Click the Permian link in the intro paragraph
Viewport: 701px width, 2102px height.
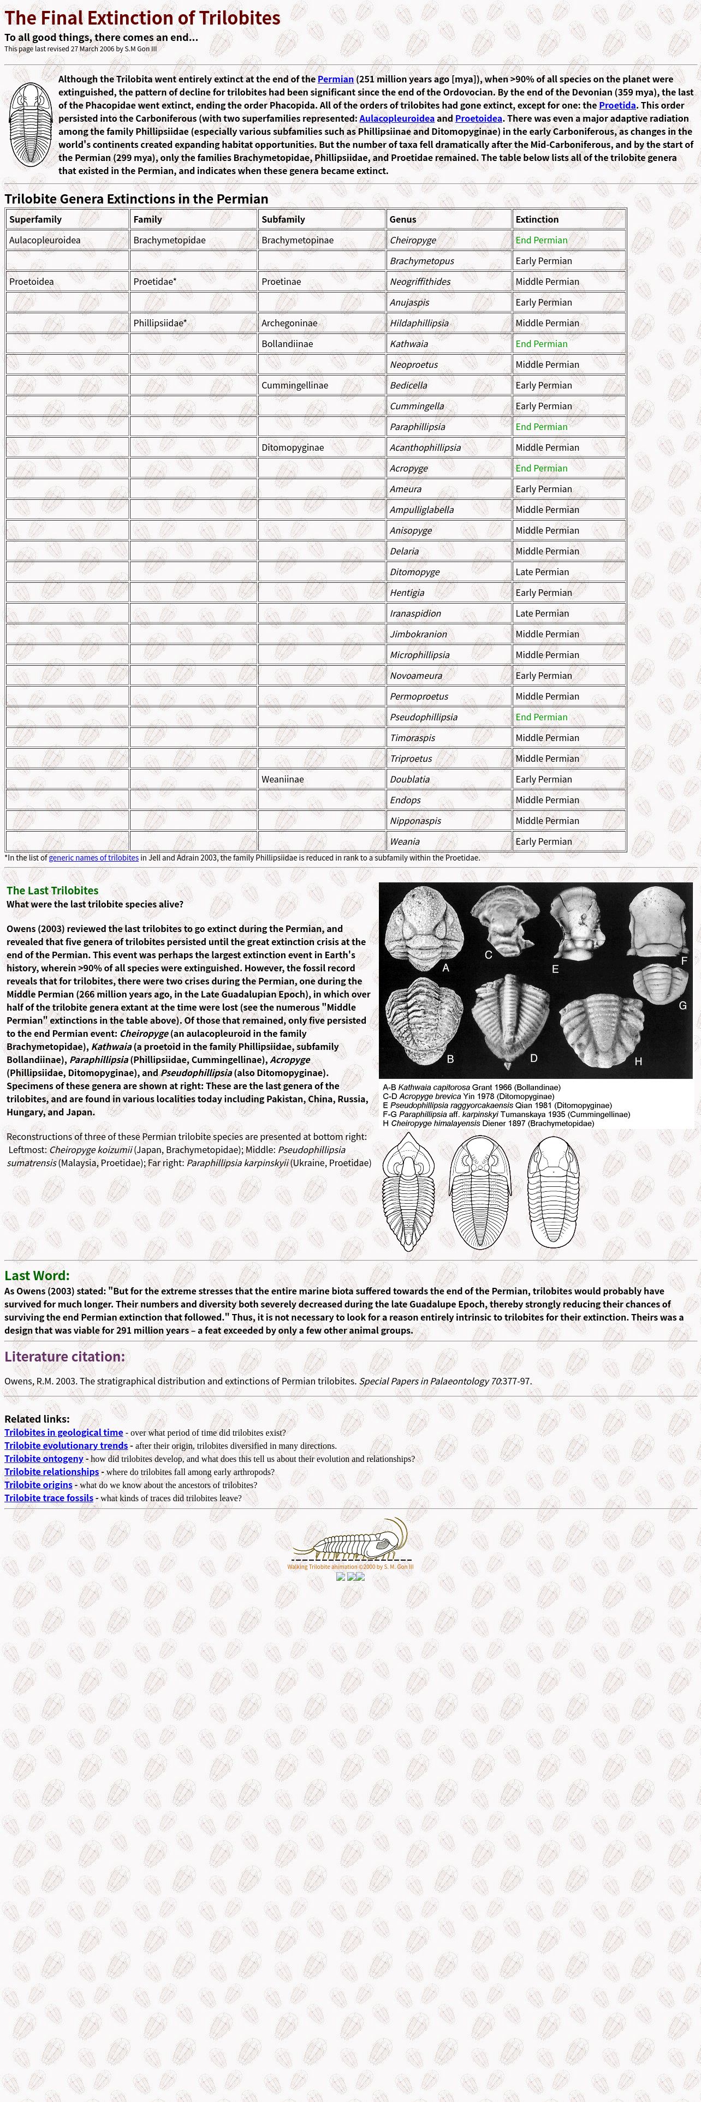[335, 79]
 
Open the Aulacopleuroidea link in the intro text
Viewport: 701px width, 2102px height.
[396, 118]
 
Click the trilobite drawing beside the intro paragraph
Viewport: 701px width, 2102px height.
[30, 125]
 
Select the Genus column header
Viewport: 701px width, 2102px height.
[402, 219]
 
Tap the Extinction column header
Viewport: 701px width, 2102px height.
[537, 219]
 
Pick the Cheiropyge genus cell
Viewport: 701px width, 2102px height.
[413, 240]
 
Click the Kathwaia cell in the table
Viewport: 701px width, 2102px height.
[409, 344]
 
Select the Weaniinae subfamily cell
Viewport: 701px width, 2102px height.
[282, 779]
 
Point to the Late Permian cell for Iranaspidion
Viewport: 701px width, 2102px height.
[542, 613]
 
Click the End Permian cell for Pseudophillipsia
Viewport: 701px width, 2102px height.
[541, 717]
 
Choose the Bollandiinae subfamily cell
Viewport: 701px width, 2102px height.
[287, 344]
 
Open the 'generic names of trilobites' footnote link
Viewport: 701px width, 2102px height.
[94, 858]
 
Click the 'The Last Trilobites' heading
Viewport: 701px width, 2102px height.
[52, 890]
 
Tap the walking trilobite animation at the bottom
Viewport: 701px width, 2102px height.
[351, 1540]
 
